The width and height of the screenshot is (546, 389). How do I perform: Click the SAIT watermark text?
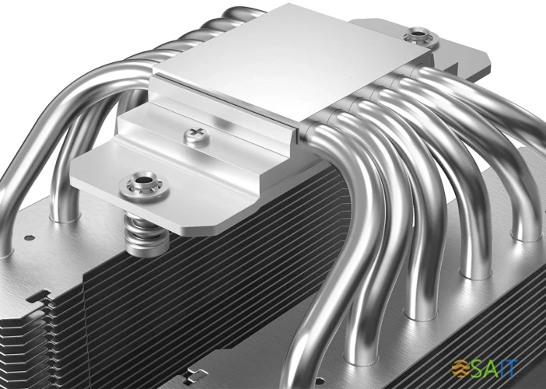point(506,365)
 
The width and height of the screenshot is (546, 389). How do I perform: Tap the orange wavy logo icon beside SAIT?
point(465,365)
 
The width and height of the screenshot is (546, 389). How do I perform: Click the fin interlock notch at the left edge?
point(35,299)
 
